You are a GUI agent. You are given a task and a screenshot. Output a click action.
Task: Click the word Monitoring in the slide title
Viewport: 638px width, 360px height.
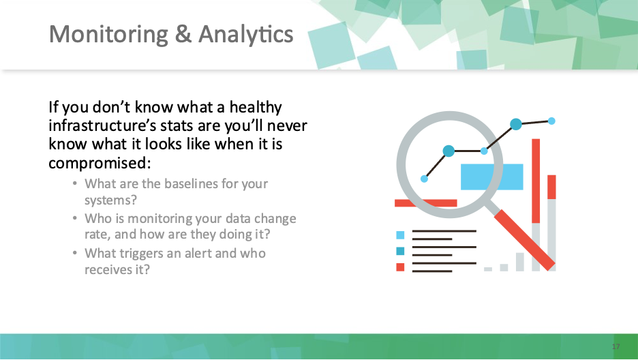pyautogui.click(x=108, y=35)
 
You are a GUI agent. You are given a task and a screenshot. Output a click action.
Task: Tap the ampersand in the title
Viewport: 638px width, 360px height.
pyautogui.click(x=183, y=33)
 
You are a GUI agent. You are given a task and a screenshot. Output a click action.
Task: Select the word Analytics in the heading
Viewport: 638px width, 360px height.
pyautogui.click(x=246, y=35)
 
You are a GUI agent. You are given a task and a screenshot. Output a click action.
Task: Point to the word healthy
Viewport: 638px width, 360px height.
pyautogui.click(x=256, y=108)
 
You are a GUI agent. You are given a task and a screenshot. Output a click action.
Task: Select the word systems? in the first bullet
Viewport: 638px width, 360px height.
pyautogui.click(x=110, y=200)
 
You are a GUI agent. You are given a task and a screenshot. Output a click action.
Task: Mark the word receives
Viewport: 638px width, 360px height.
pyautogui.click(x=105, y=270)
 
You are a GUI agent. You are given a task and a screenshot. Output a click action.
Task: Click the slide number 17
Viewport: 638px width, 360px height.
pyautogui.click(x=616, y=346)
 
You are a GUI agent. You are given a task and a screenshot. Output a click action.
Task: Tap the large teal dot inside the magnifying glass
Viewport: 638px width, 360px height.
pyautogui.click(x=449, y=151)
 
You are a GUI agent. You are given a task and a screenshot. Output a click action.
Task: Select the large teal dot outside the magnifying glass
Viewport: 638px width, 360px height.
pyautogui.click(x=516, y=124)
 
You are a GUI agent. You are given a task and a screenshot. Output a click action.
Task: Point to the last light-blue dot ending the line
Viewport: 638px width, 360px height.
pyautogui.click(x=551, y=121)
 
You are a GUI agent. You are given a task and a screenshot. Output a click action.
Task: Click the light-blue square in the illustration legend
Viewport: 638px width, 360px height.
pyautogui.click(x=400, y=235)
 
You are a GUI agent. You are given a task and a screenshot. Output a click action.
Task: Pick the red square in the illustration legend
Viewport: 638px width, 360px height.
pyautogui.click(x=400, y=267)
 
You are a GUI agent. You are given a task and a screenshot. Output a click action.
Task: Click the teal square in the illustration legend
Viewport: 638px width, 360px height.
pyautogui.click(x=400, y=251)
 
